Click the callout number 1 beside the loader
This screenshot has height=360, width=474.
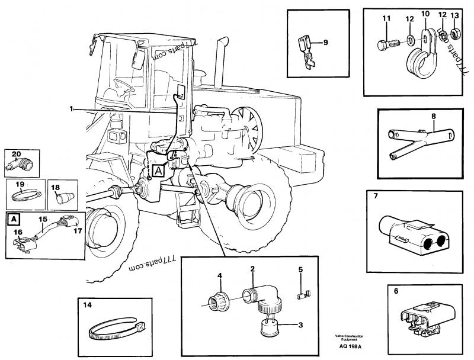[72, 109]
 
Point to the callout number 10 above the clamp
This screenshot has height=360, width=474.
[425, 14]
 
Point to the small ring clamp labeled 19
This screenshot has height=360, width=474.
[24, 192]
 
